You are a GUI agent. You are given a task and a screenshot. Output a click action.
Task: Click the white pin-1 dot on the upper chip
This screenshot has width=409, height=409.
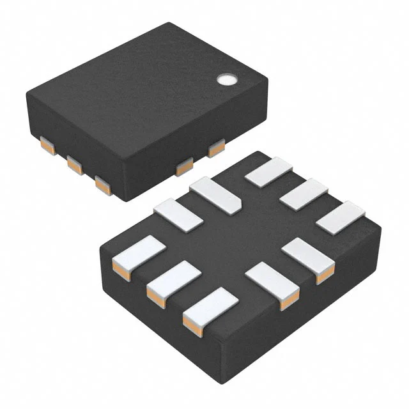225,79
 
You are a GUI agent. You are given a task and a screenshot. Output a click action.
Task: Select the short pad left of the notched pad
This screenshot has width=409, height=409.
178,214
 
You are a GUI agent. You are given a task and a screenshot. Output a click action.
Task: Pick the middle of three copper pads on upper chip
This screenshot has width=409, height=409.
75,166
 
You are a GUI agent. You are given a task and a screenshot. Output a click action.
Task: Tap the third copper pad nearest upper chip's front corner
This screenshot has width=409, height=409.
102,185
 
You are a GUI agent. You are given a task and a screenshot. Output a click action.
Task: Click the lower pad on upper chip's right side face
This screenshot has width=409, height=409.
184,167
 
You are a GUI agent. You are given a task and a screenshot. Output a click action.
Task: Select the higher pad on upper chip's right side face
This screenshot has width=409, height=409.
216,148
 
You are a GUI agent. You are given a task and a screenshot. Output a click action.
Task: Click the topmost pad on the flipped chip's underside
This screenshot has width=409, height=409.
268,172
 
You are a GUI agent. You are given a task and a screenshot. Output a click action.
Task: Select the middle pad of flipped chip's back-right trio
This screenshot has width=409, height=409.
303,194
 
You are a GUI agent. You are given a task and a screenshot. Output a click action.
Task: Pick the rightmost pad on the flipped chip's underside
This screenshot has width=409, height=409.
339,217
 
